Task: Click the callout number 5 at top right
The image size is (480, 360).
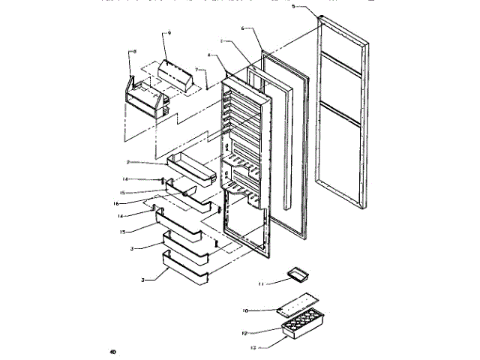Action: tap(293, 6)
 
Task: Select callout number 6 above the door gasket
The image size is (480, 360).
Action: tap(243, 28)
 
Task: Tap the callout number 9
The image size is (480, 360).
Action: tap(169, 34)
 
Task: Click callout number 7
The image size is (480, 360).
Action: tap(197, 70)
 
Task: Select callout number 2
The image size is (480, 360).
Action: tap(128, 162)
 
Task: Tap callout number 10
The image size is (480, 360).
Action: tap(245, 310)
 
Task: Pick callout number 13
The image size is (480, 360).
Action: tap(253, 347)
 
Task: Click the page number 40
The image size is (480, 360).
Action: tap(112, 351)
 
